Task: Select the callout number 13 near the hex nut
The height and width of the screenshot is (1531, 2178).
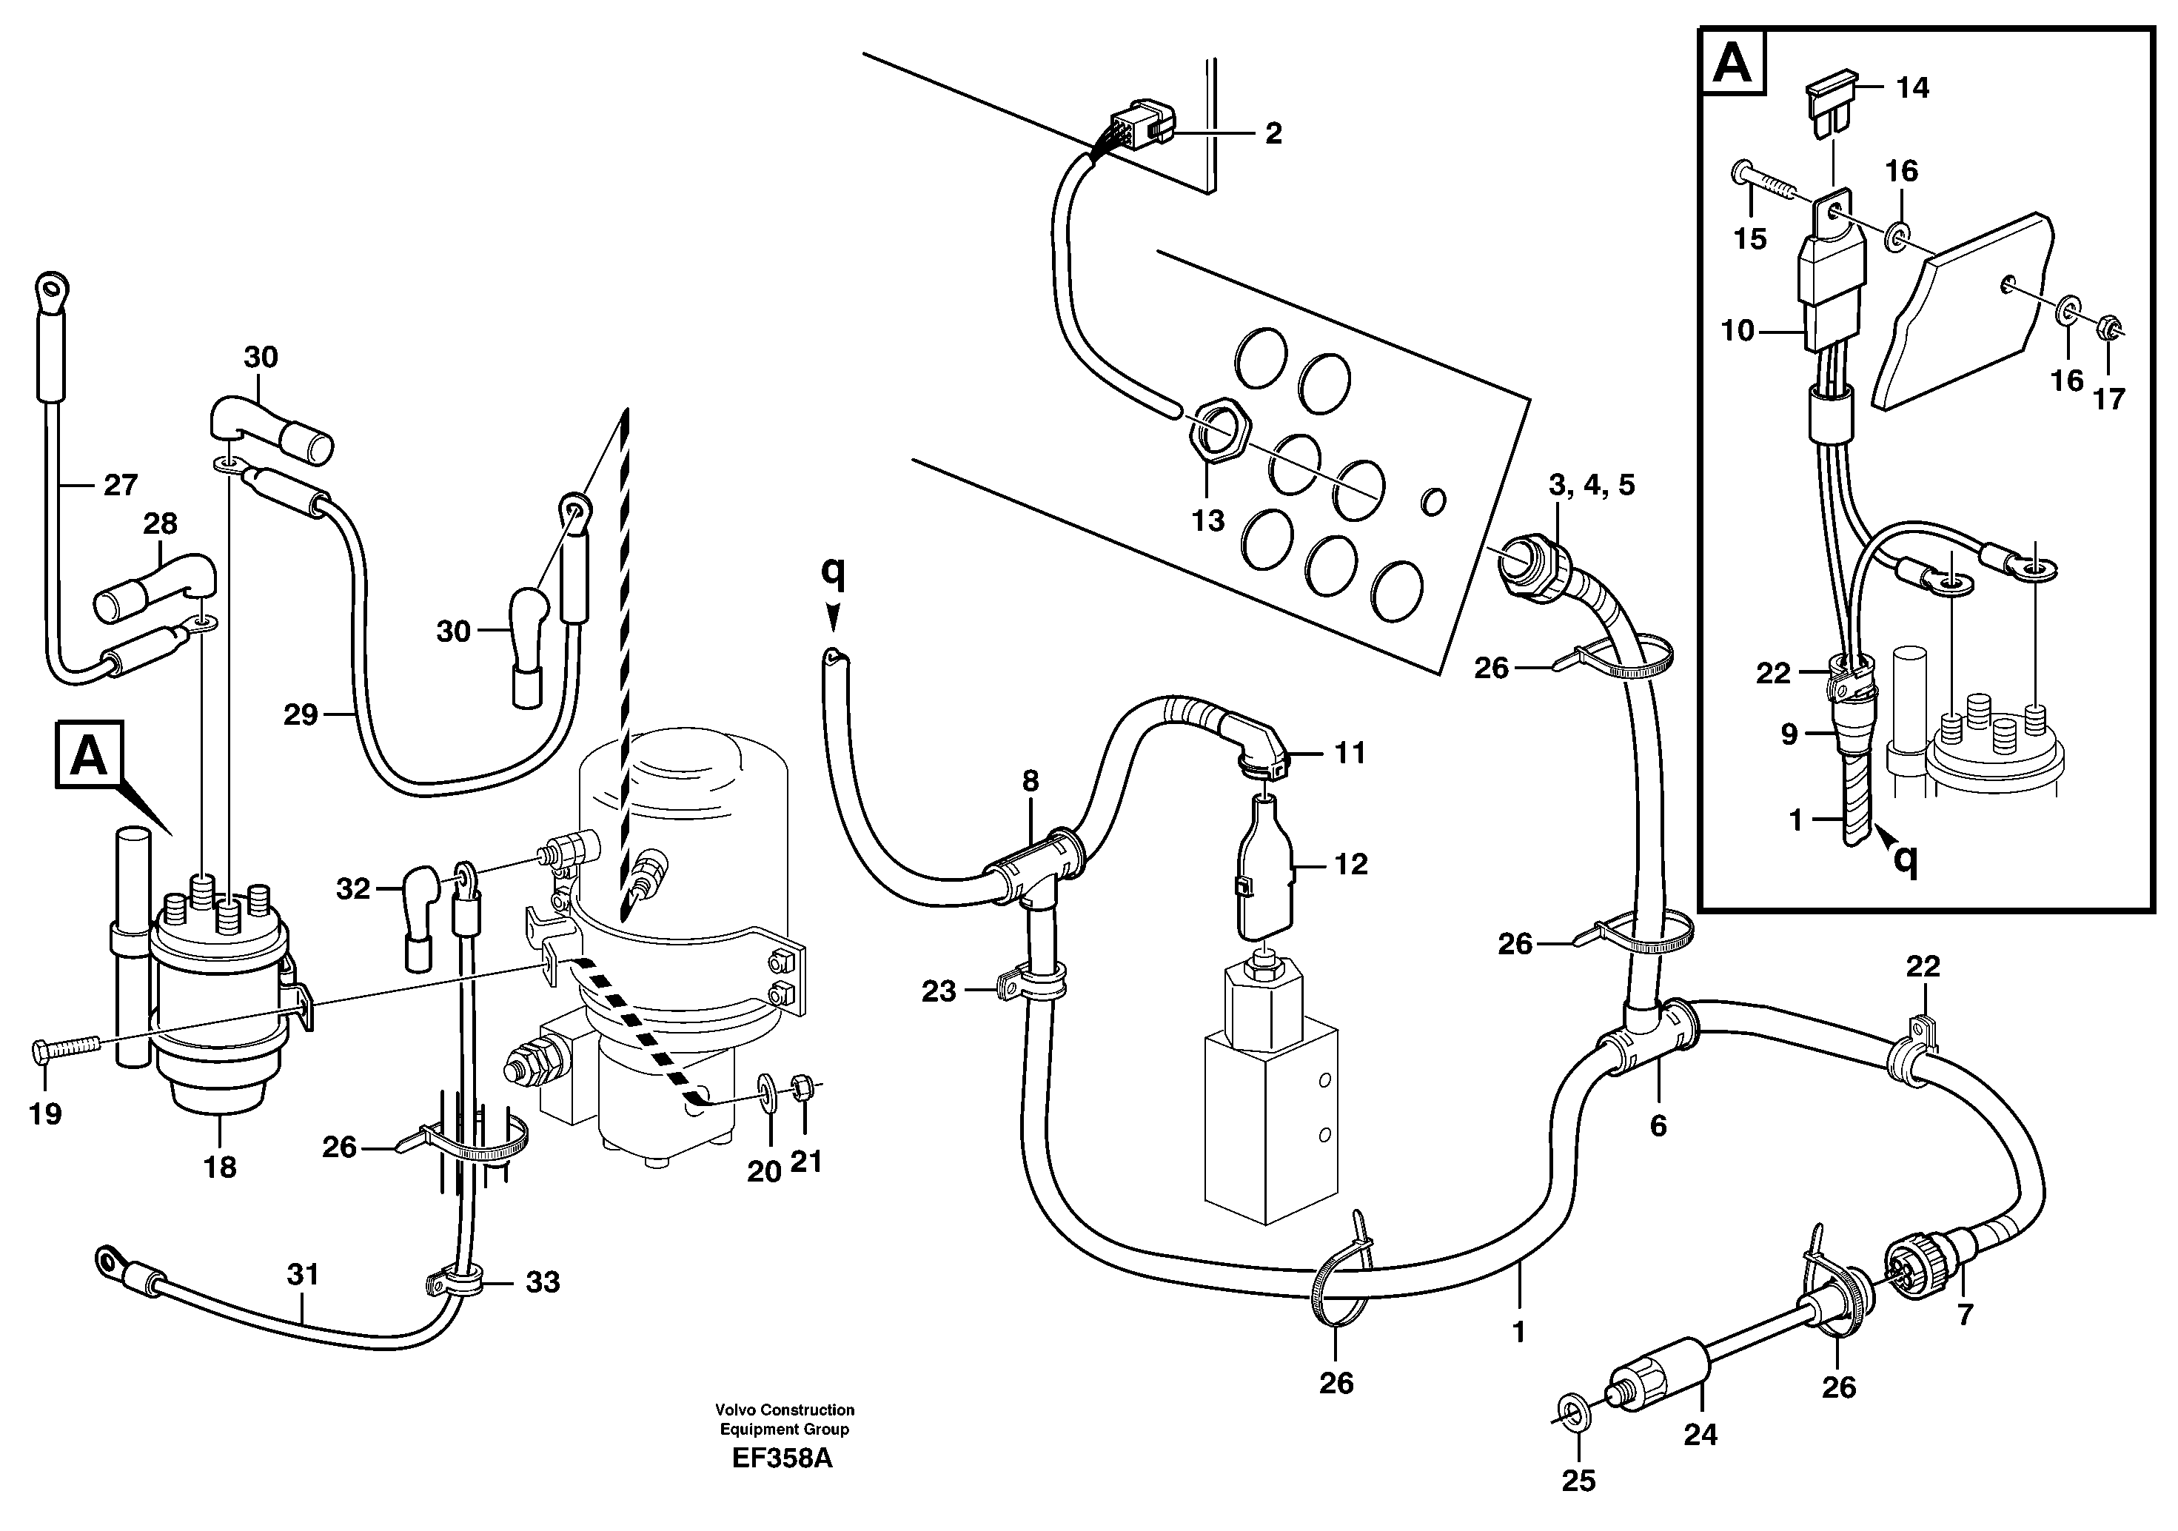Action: pyautogui.click(x=1207, y=520)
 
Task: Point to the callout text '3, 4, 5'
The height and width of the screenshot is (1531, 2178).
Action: pyautogui.click(x=1592, y=486)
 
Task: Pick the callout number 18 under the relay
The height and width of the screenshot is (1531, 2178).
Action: pyautogui.click(x=220, y=1167)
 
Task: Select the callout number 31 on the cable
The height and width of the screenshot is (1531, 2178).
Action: pyautogui.click(x=303, y=1276)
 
